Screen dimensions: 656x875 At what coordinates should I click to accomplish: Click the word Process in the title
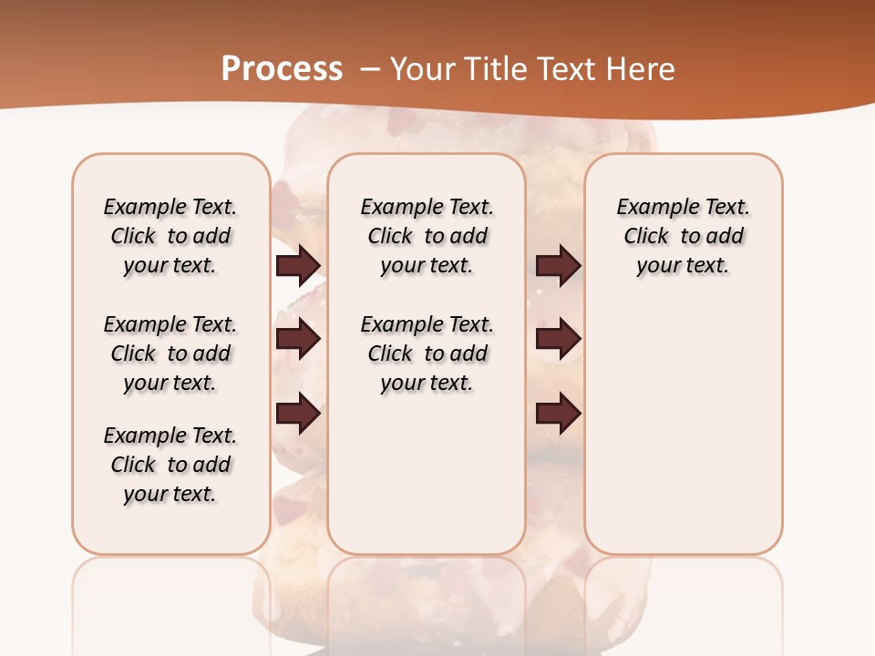[282, 68]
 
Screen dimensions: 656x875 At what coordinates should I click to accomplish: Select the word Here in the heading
[642, 68]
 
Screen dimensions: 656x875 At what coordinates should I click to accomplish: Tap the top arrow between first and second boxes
[298, 265]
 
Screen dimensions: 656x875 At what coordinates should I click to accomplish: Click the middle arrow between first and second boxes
[298, 339]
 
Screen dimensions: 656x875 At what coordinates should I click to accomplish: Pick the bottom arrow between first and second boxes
[298, 414]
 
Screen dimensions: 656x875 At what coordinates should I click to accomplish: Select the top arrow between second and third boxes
[558, 265]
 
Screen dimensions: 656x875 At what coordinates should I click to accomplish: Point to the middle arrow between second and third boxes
[558, 339]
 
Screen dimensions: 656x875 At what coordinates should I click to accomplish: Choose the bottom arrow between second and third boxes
[558, 414]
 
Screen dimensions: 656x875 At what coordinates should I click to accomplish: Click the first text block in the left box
[170, 236]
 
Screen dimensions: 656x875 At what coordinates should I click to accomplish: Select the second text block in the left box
[170, 354]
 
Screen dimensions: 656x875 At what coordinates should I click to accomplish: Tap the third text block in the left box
[170, 465]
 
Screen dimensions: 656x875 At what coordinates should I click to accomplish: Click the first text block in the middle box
[427, 236]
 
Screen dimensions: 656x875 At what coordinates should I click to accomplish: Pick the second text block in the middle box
[427, 354]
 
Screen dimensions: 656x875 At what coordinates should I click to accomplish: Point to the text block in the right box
[684, 236]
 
